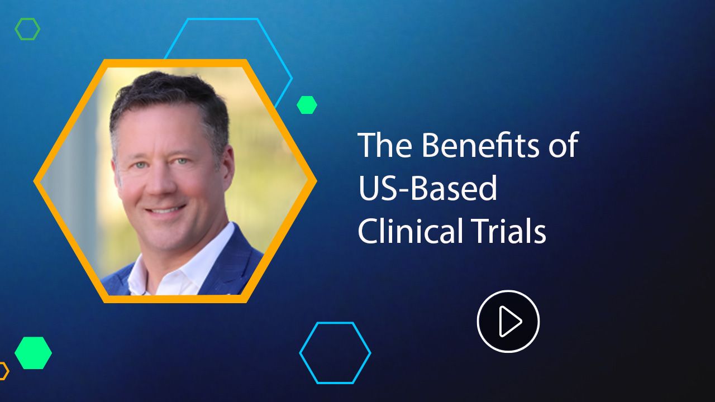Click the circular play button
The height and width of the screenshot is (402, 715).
click(508, 321)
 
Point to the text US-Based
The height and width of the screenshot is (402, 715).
click(428, 188)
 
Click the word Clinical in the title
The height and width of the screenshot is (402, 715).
click(411, 231)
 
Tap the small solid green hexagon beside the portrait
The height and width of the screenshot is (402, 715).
click(307, 105)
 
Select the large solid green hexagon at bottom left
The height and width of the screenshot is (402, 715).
click(33, 353)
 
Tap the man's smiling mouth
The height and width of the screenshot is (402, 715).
click(165, 210)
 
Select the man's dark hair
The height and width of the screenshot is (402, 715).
click(166, 93)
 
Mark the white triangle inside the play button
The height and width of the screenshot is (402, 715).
click(510, 321)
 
